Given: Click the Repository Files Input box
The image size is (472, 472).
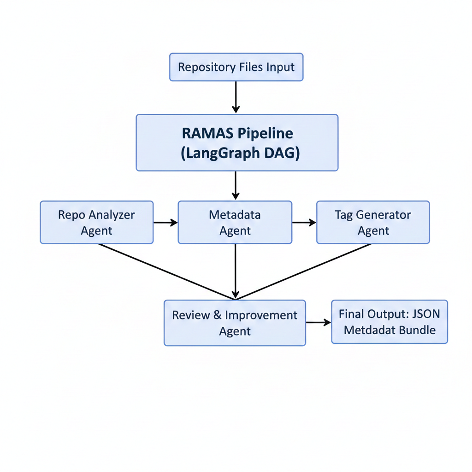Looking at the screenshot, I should (236, 67).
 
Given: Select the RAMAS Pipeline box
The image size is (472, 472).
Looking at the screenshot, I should (237, 142).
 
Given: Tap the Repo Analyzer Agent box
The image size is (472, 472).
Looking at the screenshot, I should (97, 222).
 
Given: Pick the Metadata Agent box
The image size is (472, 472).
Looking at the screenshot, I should (235, 222).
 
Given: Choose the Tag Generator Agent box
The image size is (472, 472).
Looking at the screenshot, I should (373, 222).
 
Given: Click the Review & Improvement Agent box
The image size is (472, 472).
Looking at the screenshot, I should (235, 323).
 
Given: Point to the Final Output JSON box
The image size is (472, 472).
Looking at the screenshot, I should (389, 322).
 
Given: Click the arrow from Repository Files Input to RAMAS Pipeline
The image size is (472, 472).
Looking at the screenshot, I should (236, 97).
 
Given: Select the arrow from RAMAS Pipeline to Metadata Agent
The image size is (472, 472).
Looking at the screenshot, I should (236, 185).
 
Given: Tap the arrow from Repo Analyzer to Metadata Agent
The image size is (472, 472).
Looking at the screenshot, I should (165, 223).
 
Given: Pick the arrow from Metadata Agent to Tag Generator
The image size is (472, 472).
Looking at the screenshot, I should (304, 223).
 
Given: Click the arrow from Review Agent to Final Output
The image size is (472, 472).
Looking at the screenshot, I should (319, 322).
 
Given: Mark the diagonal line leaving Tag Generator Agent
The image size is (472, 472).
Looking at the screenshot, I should (304, 271).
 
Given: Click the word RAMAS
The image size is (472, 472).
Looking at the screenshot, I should (206, 133).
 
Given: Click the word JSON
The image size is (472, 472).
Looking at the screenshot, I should (424, 314).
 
